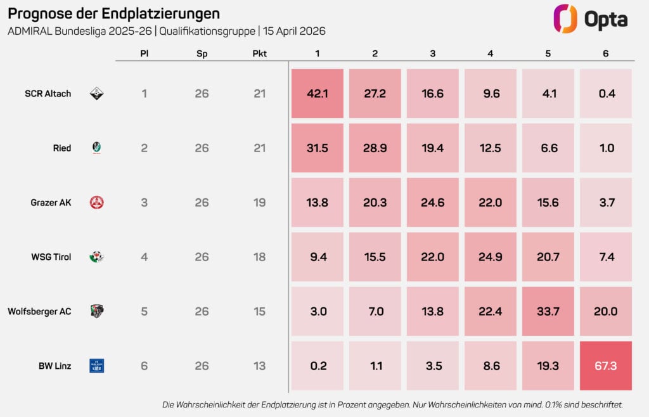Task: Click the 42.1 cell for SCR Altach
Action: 317,94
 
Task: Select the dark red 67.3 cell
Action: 606,366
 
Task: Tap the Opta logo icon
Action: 565,19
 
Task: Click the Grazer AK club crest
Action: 96,203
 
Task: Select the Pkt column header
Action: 259,54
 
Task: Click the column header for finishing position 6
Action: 606,54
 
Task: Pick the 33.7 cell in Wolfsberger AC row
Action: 548,311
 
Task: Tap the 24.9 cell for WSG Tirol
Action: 491,257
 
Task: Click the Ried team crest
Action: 96,148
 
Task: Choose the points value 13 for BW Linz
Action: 259,366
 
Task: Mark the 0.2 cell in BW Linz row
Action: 317,366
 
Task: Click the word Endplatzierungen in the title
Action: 160,13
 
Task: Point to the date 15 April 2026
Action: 293,31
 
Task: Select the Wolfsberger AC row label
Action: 39,311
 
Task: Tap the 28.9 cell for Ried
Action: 375,148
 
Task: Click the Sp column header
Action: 202,54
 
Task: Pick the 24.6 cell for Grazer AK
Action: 432,203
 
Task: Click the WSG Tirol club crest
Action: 96,257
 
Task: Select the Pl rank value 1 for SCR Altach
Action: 145,94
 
